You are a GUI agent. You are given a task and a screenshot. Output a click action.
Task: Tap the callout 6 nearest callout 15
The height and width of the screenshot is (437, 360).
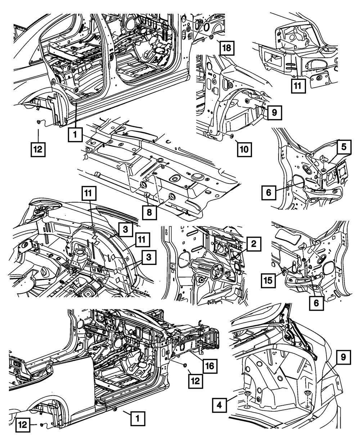click(316, 303)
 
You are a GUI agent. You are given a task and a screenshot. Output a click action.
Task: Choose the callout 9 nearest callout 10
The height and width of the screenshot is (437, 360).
click(274, 113)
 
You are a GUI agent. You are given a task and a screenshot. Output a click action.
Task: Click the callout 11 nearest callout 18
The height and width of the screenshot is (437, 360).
click(299, 85)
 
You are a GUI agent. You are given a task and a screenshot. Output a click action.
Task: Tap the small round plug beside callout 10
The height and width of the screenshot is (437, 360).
click(231, 136)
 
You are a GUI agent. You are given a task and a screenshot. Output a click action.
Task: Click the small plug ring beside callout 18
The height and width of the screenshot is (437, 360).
click(212, 37)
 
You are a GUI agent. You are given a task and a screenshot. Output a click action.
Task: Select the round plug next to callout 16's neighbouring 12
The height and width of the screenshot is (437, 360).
click(185, 366)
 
